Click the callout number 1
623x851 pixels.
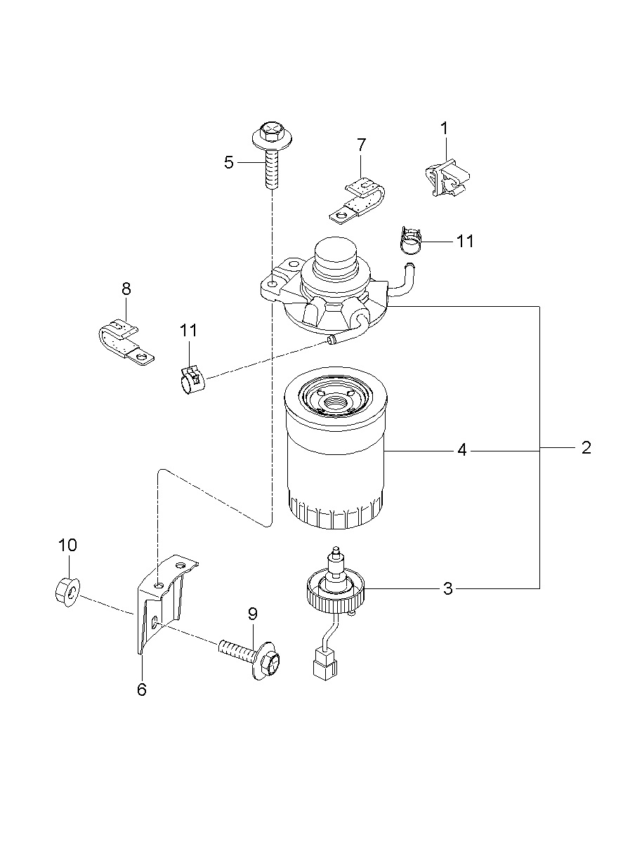444,128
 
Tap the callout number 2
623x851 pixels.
586,448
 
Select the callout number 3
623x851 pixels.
448,588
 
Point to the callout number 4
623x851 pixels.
461,450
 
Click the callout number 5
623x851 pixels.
229,162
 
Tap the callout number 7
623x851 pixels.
361,145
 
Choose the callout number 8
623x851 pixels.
126,289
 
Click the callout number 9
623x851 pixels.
253,614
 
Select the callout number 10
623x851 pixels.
67,545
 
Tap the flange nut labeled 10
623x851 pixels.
67,593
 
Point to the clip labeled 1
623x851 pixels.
447,177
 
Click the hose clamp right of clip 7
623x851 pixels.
412,240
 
